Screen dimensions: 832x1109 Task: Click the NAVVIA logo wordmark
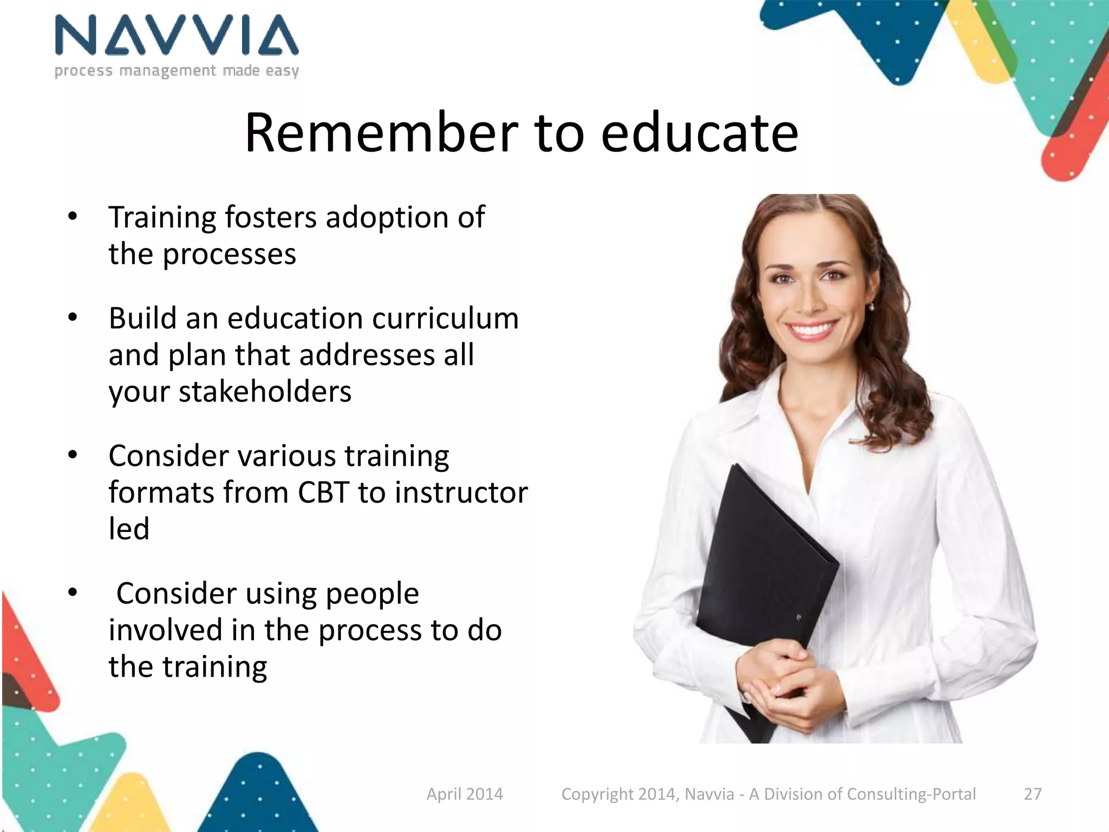pos(177,35)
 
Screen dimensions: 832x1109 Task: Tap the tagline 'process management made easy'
pos(177,71)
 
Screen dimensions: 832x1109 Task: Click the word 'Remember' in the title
pos(381,133)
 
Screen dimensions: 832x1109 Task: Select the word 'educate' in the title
pos(699,133)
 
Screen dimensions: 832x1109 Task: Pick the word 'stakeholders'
pos(230,392)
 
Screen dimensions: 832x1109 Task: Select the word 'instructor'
pos(461,493)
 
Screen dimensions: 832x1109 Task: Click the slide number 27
pos(1032,794)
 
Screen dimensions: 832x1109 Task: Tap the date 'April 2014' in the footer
pos(465,794)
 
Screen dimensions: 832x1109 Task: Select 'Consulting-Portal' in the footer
pos(911,794)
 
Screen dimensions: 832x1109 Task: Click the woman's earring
pos(872,308)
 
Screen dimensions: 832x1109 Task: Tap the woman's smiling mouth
pos(811,329)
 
